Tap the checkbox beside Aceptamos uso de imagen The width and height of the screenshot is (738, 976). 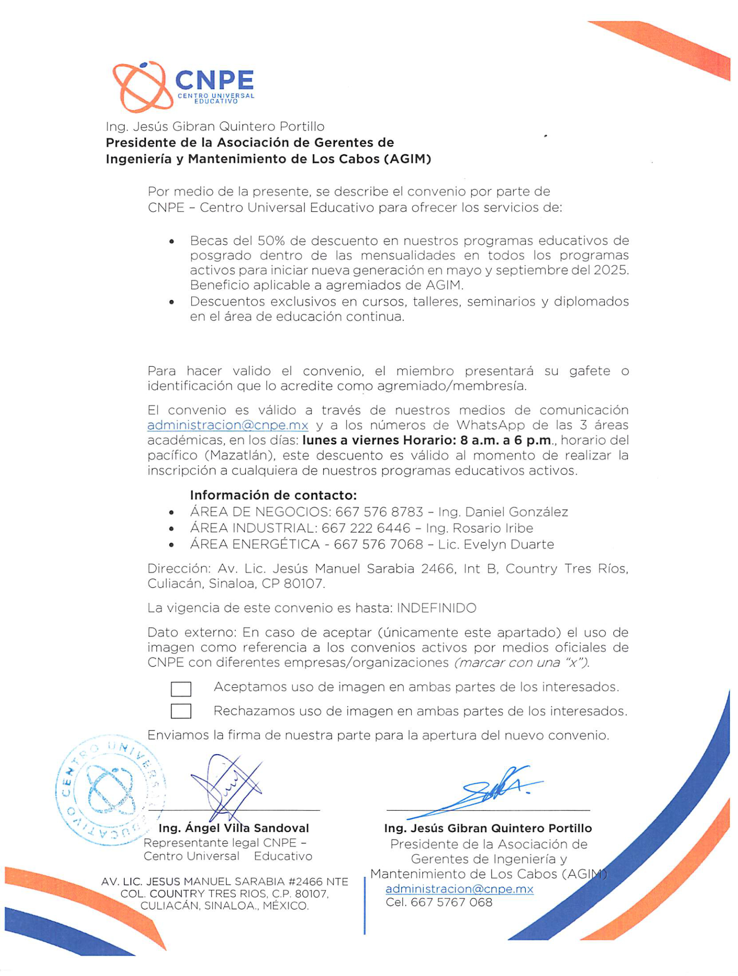(x=181, y=689)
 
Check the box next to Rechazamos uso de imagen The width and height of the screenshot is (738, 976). (x=181, y=711)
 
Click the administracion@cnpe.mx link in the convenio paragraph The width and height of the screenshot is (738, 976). (x=227, y=425)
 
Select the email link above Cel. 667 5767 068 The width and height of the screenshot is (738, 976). (x=459, y=889)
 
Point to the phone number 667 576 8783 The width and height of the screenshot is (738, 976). (x=379, y=512)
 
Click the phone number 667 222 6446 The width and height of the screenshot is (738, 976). (x=366, y=528)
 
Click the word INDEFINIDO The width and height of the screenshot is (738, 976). (x=436, y=608)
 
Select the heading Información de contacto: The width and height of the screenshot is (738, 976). (x=273, y=496)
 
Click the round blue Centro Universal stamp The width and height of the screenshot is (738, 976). (x=110, y=791)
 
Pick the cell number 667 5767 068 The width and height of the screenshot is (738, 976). (x=451, y=903)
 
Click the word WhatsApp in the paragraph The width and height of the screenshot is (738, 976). (x=490, y=425)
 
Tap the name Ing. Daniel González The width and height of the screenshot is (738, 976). (x=503, y=512)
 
